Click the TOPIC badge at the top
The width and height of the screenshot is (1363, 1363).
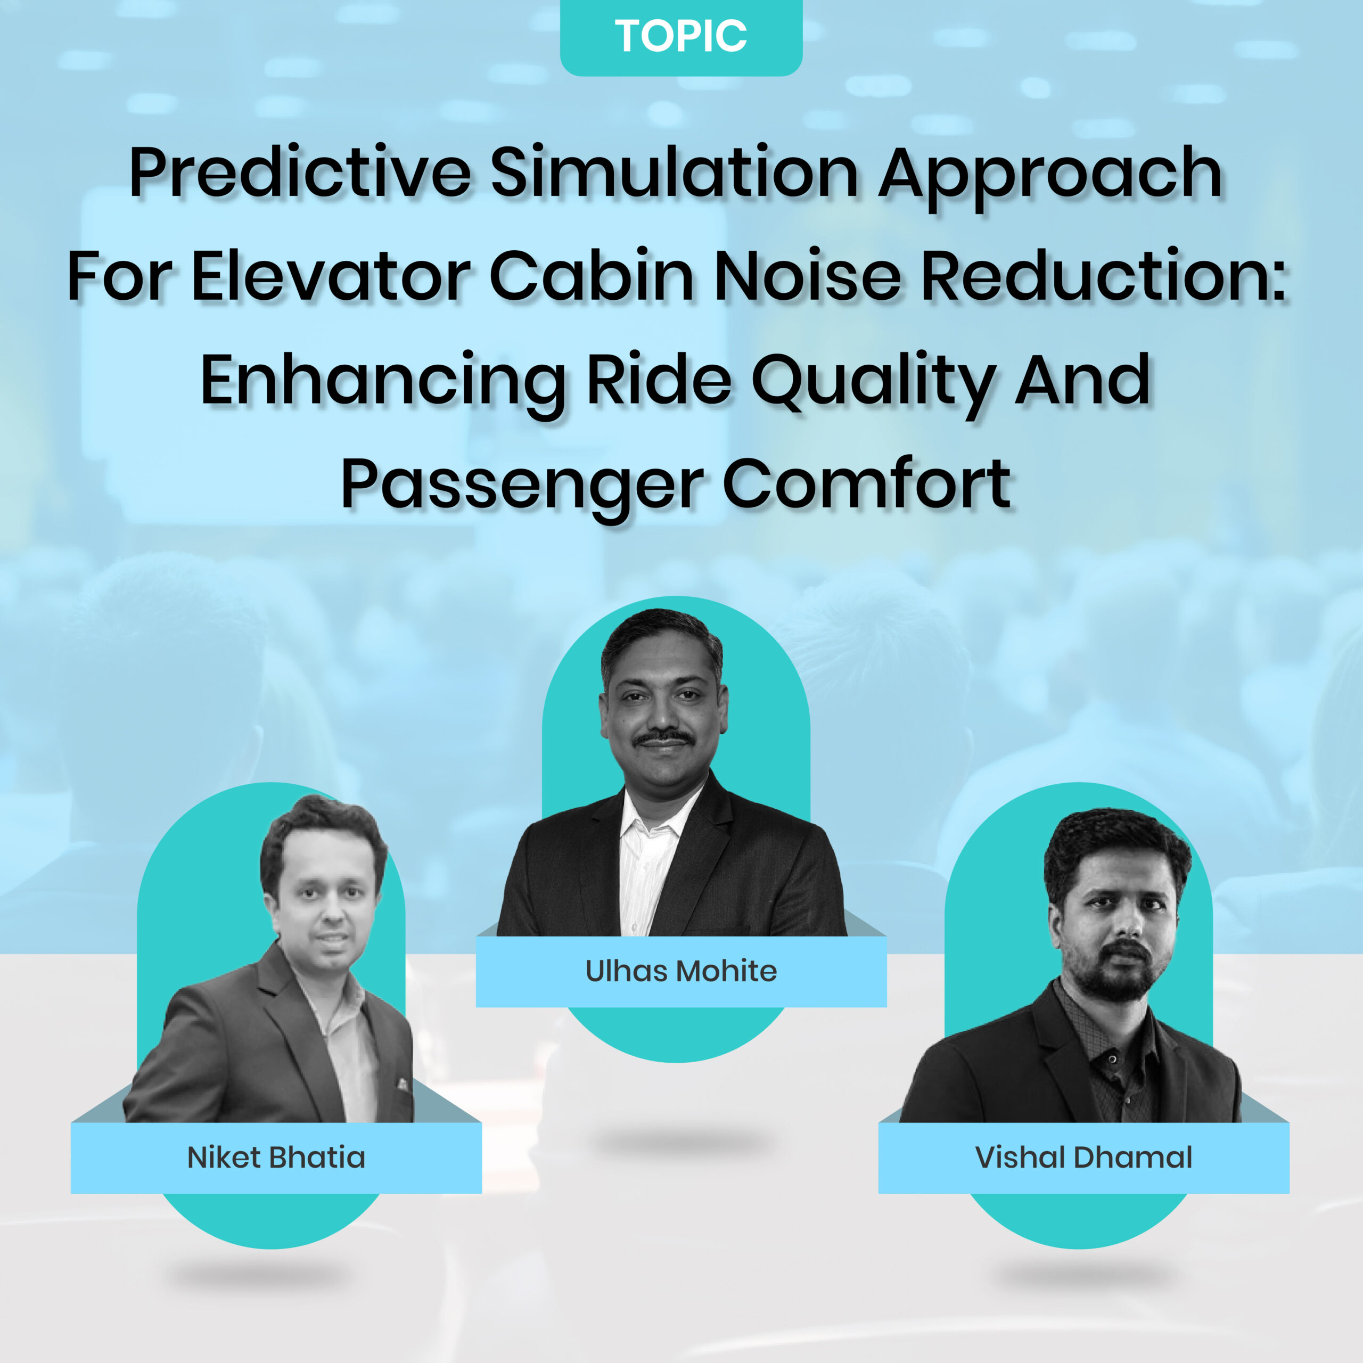(681, 37)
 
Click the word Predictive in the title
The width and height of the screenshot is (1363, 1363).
(300, 173)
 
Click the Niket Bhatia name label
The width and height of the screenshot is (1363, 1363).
(276, 1157)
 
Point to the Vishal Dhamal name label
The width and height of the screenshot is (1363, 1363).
(1083, 1157)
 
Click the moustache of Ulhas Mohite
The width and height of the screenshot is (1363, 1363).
(662, 738)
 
